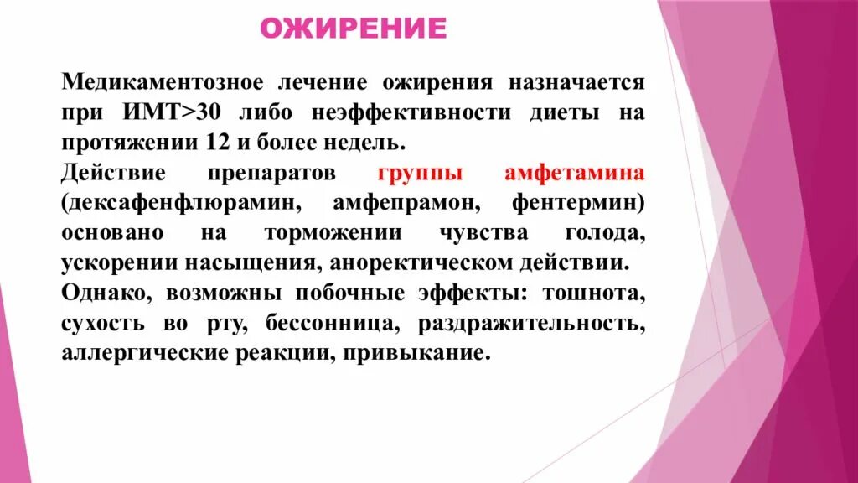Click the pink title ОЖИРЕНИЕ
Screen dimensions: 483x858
click(353, 28)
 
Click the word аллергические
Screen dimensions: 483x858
click(137, 352)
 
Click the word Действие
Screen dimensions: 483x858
click(112, 173)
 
